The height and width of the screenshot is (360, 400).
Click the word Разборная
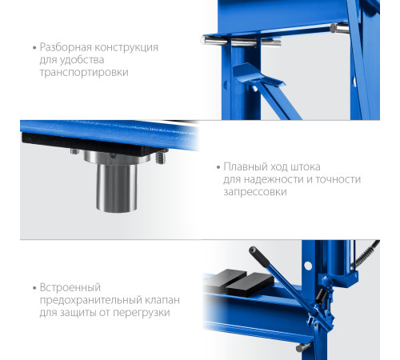pos(66,48)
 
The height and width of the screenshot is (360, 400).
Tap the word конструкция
pos(126,47)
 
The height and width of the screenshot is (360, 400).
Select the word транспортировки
pos(84,73)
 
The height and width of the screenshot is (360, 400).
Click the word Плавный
pos(246,167)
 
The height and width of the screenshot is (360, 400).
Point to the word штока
pos(306,167)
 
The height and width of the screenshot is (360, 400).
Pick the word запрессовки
pos(255,192)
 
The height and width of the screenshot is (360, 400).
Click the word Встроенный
pos(70,288)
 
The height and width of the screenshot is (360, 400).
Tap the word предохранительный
pos(91,301)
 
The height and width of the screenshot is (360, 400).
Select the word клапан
pos(162,301)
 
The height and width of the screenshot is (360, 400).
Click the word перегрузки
pos(142,313)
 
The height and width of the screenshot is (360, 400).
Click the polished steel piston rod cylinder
pos(117,187)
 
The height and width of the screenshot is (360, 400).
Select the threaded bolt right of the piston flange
pos(161,158)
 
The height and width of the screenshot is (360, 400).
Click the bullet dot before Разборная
pos(34,48)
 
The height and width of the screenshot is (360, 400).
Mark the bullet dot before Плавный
pos(218,167)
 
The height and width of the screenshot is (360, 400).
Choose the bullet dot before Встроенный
pos(34,288)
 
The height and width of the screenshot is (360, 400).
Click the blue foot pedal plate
pos(256,74)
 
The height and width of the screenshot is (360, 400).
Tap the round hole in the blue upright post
pos(308,266)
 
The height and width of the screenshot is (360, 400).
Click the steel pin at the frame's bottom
pos(303,347)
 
